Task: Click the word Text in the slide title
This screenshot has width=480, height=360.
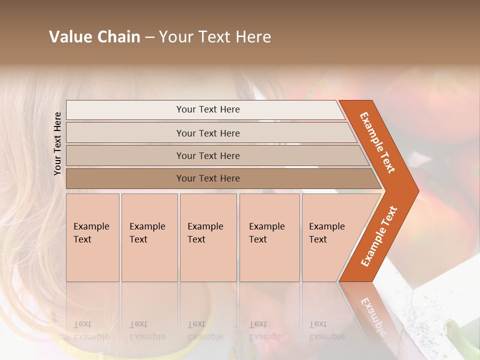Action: pyautogui.click(x=213, y=37)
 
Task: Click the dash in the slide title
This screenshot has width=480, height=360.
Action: pyautogui.click(x=149, y=37)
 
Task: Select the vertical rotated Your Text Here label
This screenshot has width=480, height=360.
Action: pyautogui.click(x=57, y=143)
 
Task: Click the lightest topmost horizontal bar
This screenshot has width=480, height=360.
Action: pyautogui.click(x=208, y=109)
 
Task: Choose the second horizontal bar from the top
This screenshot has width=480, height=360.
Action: pyautogui.click(x=208, y=133)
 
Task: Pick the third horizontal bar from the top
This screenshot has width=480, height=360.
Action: pyautogui.click(x=208, y=155)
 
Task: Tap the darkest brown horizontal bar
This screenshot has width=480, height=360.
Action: pyautogui.click(x=208, y=178)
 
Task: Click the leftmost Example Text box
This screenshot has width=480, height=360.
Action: pyautogui.click(x=92, y=237)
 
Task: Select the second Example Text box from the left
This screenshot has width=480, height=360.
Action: pyautogui.click(x=149, y=237)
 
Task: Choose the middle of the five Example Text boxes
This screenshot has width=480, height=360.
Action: pyautogui.click(x=208, y=237)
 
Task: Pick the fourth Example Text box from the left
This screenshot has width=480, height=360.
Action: pyautogui.click(x=269, y=237)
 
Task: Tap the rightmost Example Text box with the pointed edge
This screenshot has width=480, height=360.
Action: pyautogui.click(x=332, y=237)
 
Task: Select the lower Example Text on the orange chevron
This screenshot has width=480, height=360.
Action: pyautogui.click(x=378, y=236)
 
